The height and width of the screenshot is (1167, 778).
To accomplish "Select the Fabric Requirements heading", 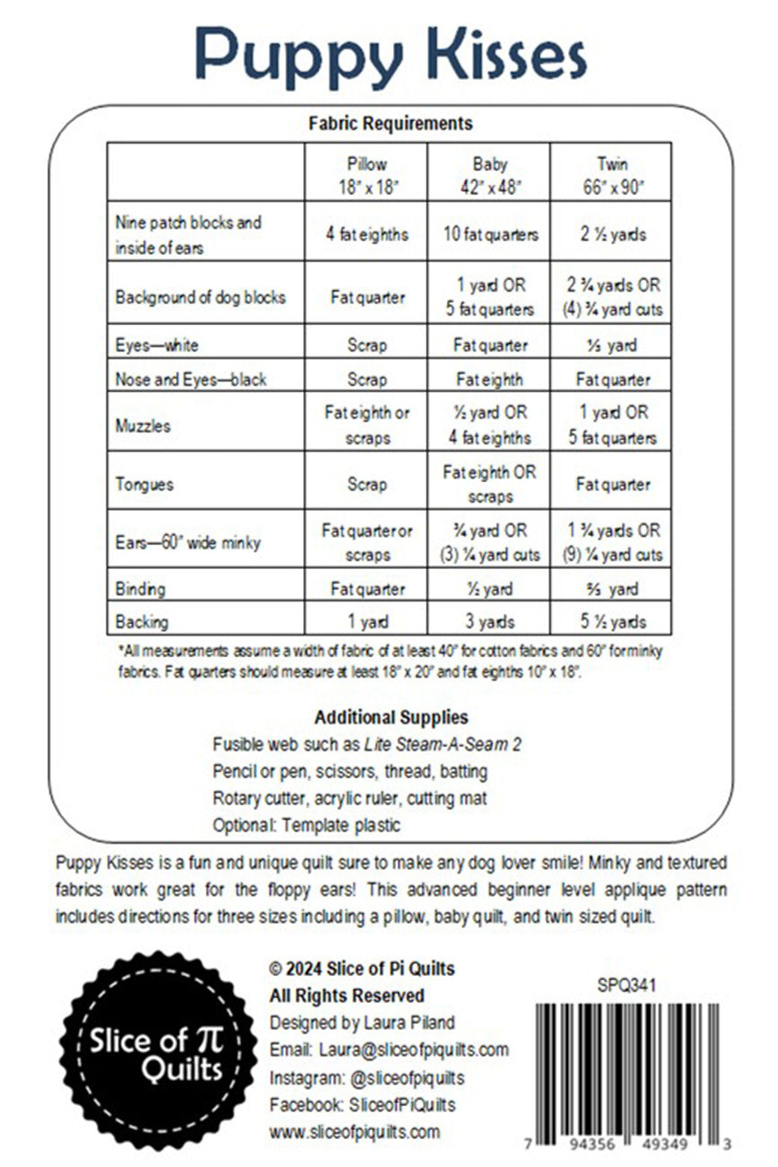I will (x=389, y=123).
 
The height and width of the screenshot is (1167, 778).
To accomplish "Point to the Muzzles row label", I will (x=143, y=426).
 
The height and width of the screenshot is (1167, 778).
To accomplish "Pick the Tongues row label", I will (x=144, y=485).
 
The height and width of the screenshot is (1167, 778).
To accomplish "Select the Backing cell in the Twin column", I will (x=612, y=621).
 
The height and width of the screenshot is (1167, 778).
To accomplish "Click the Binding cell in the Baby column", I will (x=490, y=589).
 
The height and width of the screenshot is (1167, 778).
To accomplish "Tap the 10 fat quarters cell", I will (x=490, y=234).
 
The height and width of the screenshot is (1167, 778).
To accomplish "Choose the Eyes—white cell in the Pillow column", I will (x=366, y=346).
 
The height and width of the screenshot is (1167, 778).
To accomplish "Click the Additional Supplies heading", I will (x=390, y=717).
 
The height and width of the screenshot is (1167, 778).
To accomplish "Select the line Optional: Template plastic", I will (x=306, y=825).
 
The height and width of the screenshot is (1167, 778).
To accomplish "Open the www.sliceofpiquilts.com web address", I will (x=354, y=1131).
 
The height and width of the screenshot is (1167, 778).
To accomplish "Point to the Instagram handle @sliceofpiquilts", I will (x=400, y=1076).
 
